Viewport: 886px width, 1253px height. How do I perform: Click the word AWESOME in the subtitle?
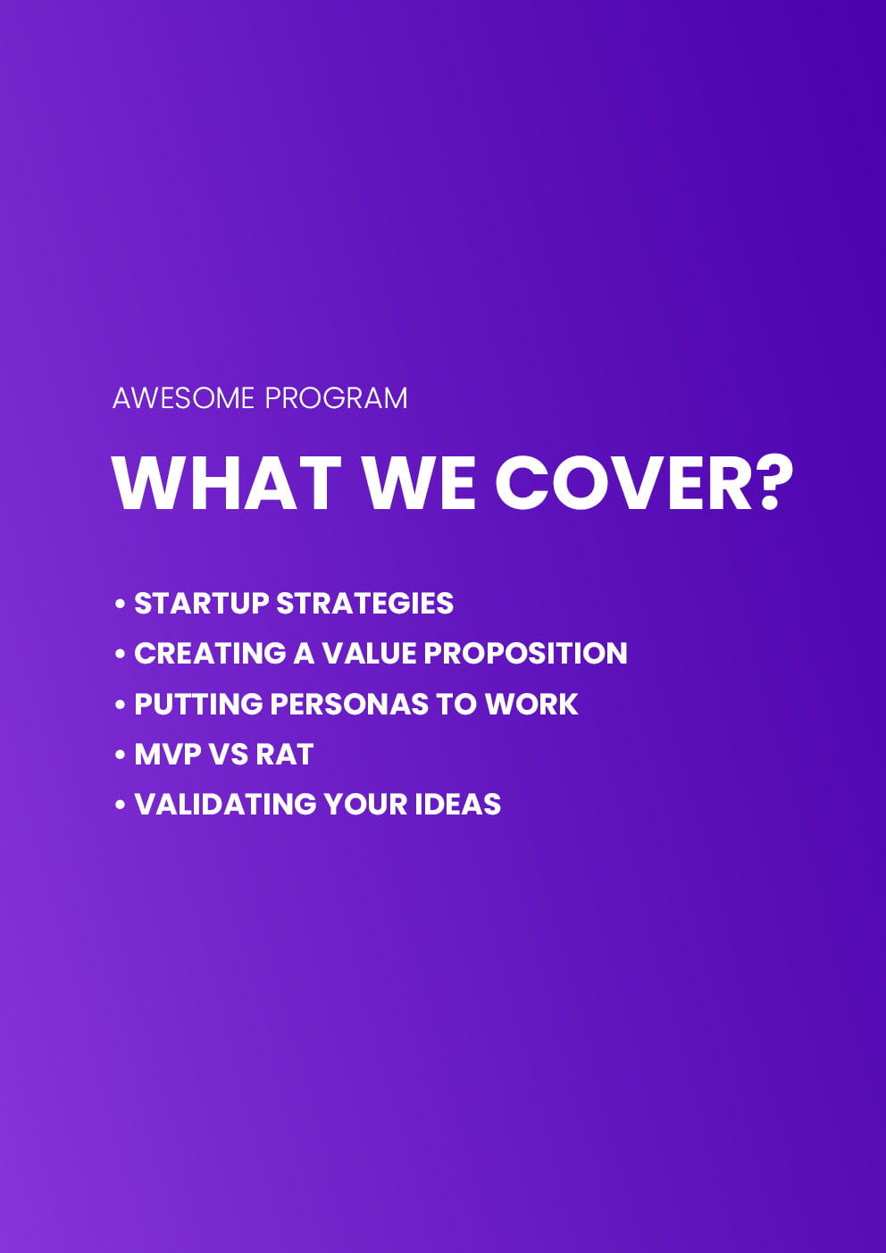coord(183,398)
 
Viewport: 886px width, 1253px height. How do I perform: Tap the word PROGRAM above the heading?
coord(336,398)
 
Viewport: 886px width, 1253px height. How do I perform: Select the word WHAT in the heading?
coord(227,483)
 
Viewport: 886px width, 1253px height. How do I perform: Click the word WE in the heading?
coord(421,483)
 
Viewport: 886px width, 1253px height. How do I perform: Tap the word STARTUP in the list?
coord(201,603)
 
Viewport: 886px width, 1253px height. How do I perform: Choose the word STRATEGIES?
coord(364,603)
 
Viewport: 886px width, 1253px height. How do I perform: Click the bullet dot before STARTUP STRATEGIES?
coord(120,604)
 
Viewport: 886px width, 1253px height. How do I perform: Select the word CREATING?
coord(210,654)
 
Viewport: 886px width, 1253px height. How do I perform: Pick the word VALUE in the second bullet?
coord(369,654)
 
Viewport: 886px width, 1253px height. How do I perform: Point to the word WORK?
coord(531,704)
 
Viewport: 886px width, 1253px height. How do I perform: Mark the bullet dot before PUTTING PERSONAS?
coord(120,705)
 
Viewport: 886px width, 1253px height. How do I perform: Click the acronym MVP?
coord(168,754)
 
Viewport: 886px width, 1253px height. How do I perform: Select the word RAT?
coord(285,754)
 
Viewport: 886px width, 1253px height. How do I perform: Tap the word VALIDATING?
coord(225,805)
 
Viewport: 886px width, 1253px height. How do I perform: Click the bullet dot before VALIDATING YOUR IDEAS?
coord(120,806)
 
